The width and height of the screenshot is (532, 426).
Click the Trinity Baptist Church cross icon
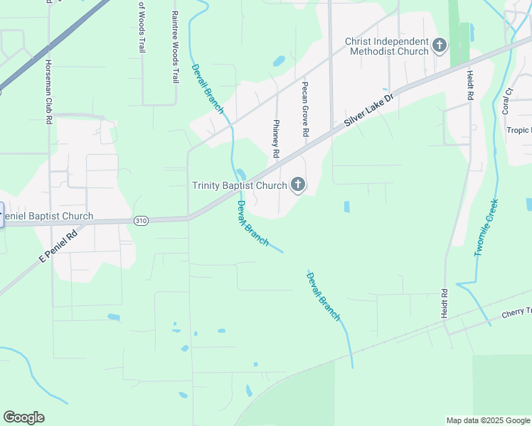point(298,186)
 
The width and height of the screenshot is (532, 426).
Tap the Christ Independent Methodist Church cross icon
point(440,46)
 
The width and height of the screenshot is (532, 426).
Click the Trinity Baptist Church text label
point(239,186)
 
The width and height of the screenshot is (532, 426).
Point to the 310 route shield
point(141,221)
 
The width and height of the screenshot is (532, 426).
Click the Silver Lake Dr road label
point(368,110)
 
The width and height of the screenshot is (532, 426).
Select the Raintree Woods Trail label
point(175,47)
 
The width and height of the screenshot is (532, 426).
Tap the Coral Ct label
point(507,101)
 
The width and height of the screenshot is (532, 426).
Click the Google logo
point(23,417)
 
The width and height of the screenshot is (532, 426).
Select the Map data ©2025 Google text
point(487,420)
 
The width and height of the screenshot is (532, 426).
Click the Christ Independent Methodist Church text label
point(387,46)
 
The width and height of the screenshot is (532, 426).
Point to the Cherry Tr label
point(516,312)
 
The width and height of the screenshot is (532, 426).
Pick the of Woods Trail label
point(142,27)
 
